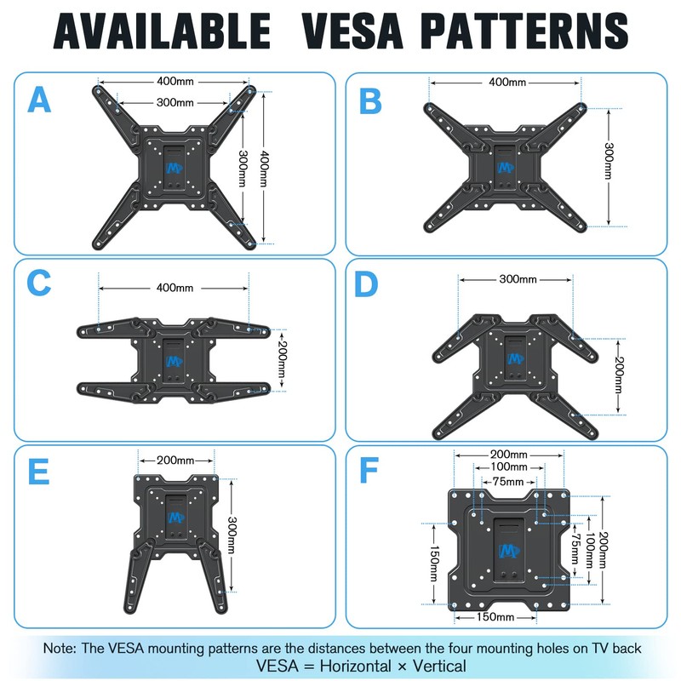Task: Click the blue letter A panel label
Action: click(40, 100)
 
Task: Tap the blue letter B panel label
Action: click(370, 100)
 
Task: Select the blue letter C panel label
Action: click(40, 283)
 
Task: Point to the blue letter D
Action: click(366, 284)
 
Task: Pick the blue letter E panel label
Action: click(40, 472)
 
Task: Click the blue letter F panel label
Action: click(369, 472)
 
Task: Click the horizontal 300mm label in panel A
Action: click(175, 102)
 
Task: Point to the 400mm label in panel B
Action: click(506, 83)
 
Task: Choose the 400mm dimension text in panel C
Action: click(175, 287)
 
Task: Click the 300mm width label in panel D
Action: click(518, 279)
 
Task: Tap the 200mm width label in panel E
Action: click(175, 461)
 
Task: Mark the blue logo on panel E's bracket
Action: click(176, 517)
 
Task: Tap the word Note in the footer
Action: click(60, 648)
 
